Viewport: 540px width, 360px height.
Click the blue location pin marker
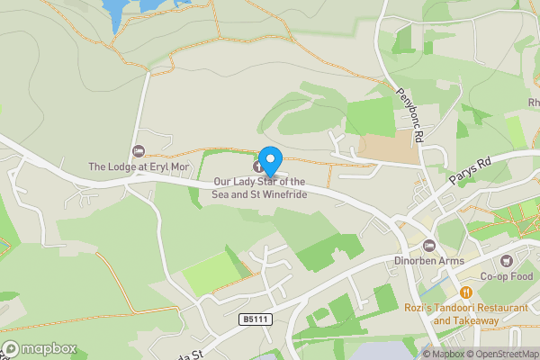(269, 156)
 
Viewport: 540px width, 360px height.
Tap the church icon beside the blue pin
(259, 166)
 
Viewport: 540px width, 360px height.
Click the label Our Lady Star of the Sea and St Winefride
(266, 187)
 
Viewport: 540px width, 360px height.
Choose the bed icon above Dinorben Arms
(429, 246)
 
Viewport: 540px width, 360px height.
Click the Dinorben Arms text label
(429, 262)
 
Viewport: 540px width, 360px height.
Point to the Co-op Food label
(507, 276)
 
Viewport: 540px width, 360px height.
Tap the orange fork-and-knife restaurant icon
(466, 292)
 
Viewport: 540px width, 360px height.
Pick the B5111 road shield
(256, 319)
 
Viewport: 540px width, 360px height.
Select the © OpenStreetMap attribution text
(503, 354)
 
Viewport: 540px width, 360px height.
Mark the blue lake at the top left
(121, 11)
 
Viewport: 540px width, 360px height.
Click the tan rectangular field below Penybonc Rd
(389, 148)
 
